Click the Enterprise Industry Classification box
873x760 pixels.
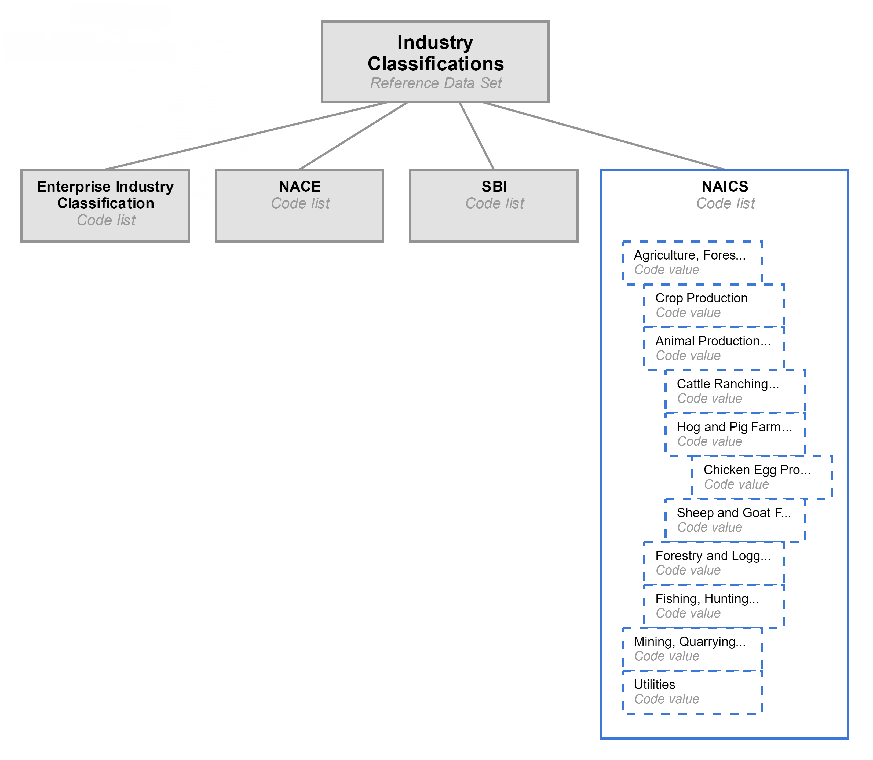(x=105, y=205)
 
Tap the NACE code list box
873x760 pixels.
(x=299, y=205)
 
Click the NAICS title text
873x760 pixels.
(x=725, y=187)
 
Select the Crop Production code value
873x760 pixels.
(x=714, y=305)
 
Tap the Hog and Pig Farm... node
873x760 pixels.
(x=735, y=434)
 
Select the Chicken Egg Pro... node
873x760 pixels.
(x=762, y=477)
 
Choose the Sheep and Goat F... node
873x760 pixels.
(x=735, y=520)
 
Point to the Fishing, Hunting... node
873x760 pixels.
(x=714, y=606)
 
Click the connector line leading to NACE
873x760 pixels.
(x=353, y=136)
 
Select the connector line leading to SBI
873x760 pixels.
(x=476, y=136)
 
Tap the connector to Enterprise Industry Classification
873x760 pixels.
(x=246, y=136)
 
